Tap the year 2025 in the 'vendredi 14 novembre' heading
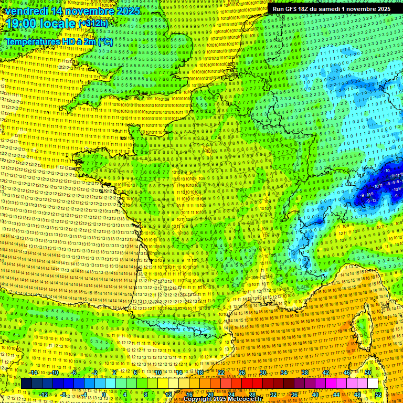(128, 10)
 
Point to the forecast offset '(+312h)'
(93, 24)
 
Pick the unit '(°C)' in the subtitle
(104, 41)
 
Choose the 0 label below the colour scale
(104, 394)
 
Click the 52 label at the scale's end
(378, 394)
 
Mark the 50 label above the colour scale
(368, 373)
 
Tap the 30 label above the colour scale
(263, 373)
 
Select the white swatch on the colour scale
(373, 383)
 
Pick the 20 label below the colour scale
(210, 394)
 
